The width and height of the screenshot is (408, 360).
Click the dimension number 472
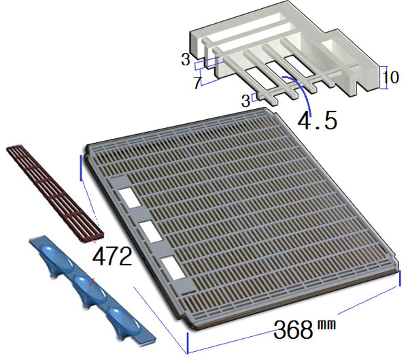click(x=112, y=257)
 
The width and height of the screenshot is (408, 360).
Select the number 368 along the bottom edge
click(x=293, y=329)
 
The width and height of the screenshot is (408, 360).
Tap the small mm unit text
click(x=326, y=325)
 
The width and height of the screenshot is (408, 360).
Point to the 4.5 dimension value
click(x=317, y=120)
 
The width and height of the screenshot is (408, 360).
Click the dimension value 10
click(x=391, y=77)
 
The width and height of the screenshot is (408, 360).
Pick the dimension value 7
click(x=197, y=82)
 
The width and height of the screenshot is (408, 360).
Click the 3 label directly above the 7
click(x=186, y=60)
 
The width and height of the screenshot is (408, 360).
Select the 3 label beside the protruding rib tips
click(x=245, y=101)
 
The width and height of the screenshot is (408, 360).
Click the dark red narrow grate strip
click(x=56, y=193)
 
